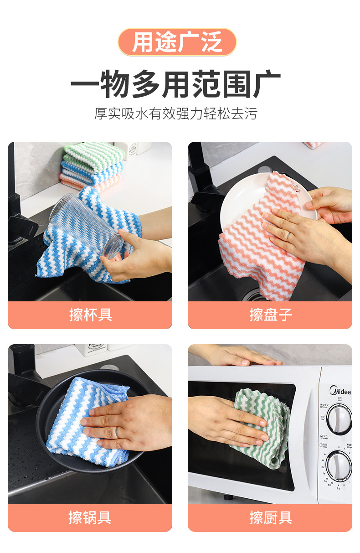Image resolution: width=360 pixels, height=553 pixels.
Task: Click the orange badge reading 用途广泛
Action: coord(177,42)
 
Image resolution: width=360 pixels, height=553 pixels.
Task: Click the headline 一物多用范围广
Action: coord(175,85)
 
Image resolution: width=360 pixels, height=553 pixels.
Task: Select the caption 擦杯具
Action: coord(90,315)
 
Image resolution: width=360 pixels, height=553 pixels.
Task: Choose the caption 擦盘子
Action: coord(270,315)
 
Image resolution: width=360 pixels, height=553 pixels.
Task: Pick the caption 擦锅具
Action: coord(90,517)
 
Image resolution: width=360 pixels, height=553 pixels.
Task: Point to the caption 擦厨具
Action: coord(270,517)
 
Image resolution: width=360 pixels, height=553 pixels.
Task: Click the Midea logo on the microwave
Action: coord(340,391)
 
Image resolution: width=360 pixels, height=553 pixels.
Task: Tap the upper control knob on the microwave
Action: coord(339,418)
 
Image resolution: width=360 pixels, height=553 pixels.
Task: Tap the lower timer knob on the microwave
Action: coord(339,465)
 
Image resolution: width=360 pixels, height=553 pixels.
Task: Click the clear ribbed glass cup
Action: coord(87,226)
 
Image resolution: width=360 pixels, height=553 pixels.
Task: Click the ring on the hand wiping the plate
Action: coord(288,236)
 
